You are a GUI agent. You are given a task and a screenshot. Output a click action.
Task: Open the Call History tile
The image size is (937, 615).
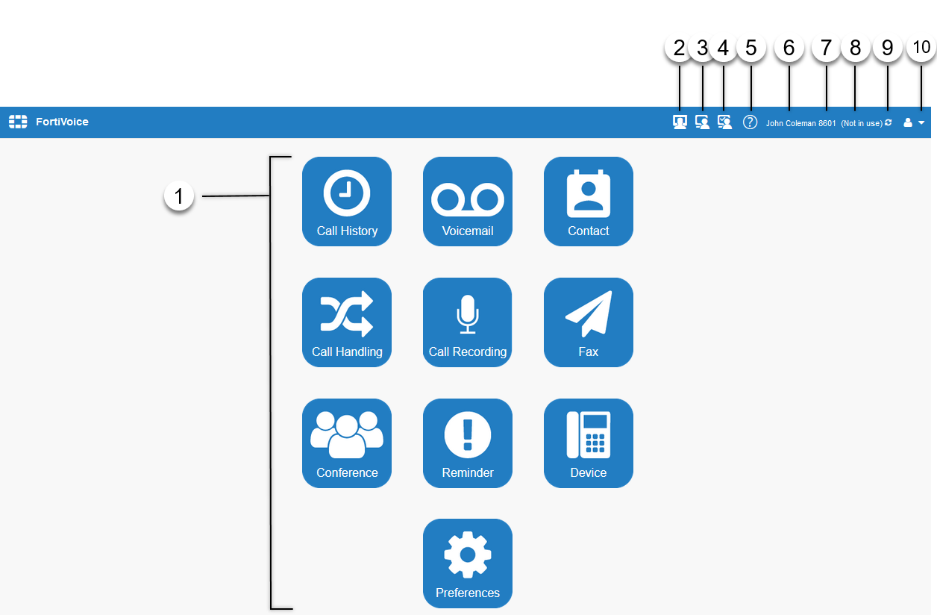(347, 202)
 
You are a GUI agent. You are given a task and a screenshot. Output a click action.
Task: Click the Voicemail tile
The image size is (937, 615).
(468, 202)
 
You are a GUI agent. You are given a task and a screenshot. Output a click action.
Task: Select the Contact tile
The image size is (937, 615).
(589, 202)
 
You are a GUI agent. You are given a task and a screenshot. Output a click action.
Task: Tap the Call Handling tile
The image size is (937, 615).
(347, 322)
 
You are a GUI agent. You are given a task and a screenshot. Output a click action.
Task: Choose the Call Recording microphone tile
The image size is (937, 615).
(468, 322)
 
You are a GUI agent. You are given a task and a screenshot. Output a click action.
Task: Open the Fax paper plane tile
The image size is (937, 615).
(589, 322)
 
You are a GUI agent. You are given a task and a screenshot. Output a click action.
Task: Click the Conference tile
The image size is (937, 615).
(347, 443)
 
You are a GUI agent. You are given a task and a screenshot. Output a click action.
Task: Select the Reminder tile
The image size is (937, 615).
(468, 443)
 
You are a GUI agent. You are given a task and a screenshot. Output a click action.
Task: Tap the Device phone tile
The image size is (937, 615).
(589, 443)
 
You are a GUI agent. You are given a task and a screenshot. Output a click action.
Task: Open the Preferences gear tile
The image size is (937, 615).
(468, 564)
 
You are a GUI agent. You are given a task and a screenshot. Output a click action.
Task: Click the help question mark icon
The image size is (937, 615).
(750, 122)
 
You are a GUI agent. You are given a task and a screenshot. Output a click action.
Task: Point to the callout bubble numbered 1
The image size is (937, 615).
(179, 197)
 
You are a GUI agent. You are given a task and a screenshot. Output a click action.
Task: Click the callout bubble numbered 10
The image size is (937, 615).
(921, 47)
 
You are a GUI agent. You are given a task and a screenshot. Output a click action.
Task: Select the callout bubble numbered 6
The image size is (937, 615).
(789, 47)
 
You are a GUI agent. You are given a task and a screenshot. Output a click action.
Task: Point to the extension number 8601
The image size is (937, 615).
(827, 123)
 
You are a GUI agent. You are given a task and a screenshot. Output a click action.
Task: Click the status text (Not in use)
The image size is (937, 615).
(862, 123)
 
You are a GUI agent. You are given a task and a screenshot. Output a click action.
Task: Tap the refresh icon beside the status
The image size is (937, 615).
(888, 122)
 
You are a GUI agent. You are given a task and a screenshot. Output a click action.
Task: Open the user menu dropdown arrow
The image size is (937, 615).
(922, 123)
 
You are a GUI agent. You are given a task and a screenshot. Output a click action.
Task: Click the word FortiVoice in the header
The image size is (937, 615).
(62, 122)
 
